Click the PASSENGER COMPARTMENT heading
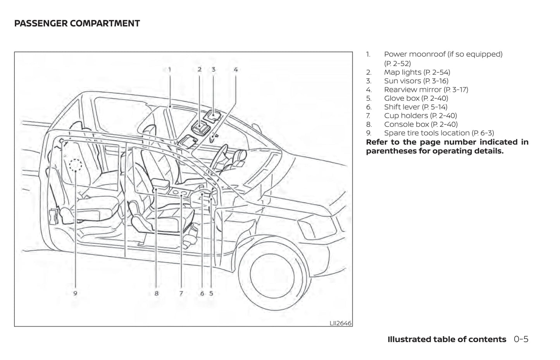click(x=77, y=24)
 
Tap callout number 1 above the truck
click(x=169, y=70)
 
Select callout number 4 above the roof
click(x=235, y=70)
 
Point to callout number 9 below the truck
click(x=75, y=293)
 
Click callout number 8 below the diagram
click(x=156, y=293)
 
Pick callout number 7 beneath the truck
click(x=181, y=293)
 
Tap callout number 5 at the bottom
click(x=211, y=293)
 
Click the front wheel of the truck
click(x=272, y=274)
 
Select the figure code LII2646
click(x=340, y=323)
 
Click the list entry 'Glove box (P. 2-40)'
click(x=416, y=98)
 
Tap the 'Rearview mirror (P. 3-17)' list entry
click(x=426, y=90)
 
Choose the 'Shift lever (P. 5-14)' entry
click(x=415, y=107)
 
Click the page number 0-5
click(x=521, y=339)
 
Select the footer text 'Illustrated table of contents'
click(x=446, y=339)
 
